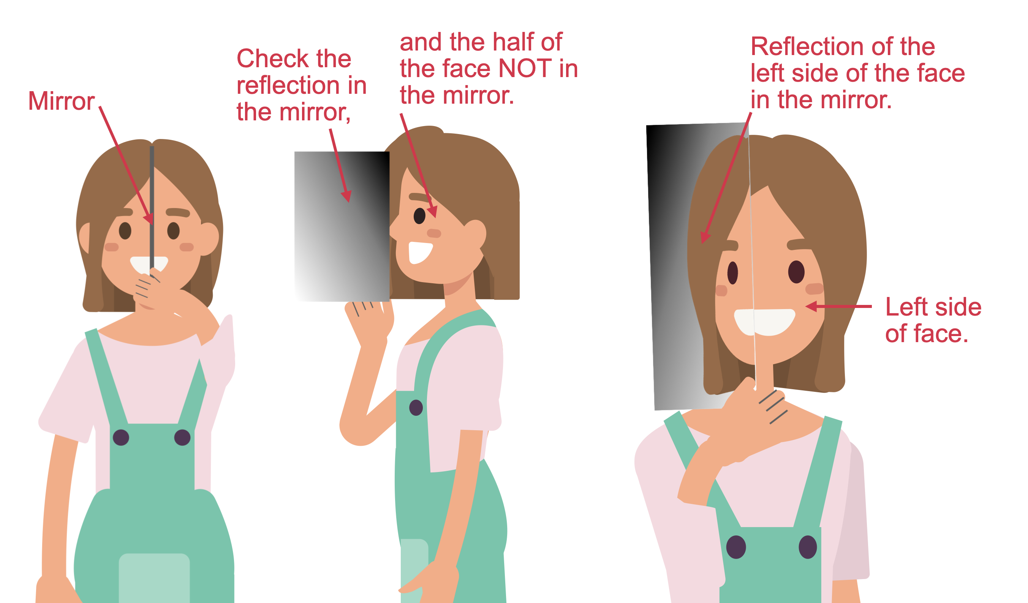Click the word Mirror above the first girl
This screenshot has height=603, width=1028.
[x=61, y=101]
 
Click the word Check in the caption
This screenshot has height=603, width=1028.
[x=270, y=58]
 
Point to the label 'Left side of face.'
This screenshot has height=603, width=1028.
[x=933, y=320]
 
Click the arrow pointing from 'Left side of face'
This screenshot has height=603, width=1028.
[x=838, y=306]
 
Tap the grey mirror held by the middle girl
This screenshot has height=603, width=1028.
[x=342, y=227]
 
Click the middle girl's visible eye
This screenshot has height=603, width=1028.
[x=419, y=216]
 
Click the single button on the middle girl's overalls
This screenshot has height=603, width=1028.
[x=416, y=408]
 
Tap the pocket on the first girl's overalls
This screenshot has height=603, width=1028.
[x=154, y=578]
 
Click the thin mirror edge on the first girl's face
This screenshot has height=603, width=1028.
[x=152, y=208]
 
